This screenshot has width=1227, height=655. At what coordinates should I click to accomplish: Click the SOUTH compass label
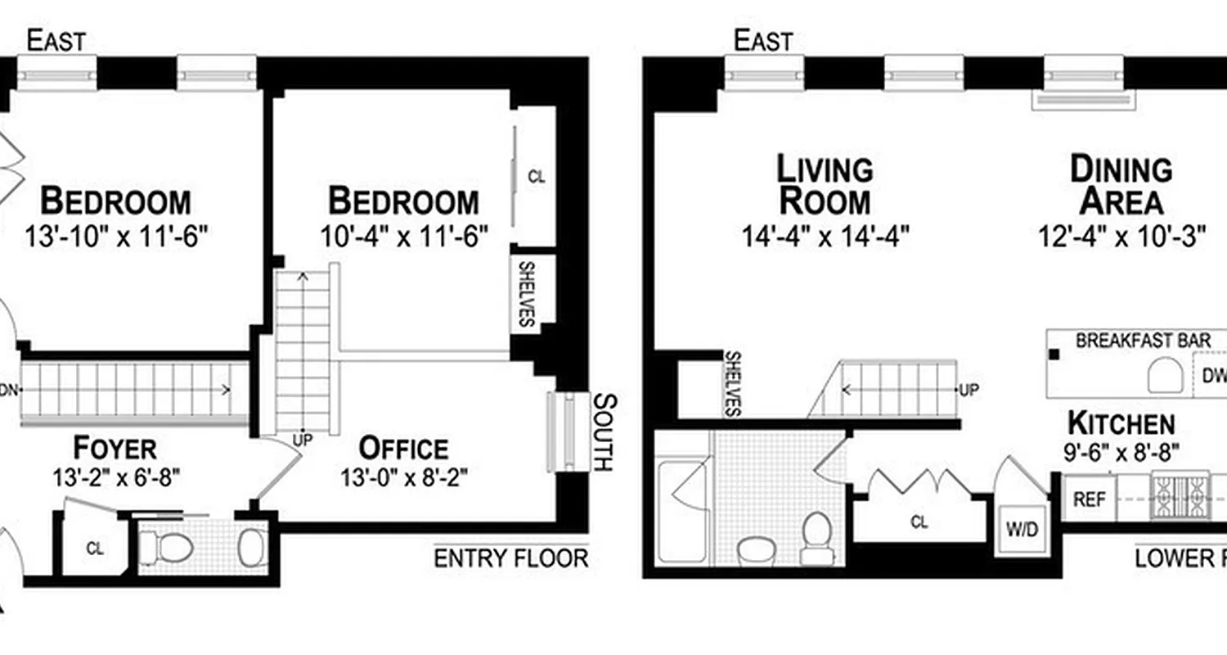tap(603, 431)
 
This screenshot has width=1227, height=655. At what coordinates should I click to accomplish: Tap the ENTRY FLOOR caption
tap(510, 558)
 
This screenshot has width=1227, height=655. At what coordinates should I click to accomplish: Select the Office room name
tap(404, 449)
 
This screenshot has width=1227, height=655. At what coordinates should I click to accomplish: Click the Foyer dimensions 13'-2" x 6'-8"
tap(115, 477)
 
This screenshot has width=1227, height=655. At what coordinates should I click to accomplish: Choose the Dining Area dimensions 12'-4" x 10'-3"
tap(1122, 237)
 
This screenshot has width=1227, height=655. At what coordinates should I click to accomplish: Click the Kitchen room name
tap(1121, 423)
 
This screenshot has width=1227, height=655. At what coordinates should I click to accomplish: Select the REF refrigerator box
tap(1089, 499)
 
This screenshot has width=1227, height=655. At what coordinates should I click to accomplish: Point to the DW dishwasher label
tap(1214, 376)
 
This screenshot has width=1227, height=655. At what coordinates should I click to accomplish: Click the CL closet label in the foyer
tap(95, 549)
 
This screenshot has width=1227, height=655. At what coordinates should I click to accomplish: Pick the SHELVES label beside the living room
tap(733, 384)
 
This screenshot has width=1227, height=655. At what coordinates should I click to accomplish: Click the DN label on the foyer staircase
tap(7, 390)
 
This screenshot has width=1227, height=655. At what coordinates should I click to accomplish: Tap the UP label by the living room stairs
tap(968, 390)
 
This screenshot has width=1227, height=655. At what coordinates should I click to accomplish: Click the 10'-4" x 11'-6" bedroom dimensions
tap(404, 237)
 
